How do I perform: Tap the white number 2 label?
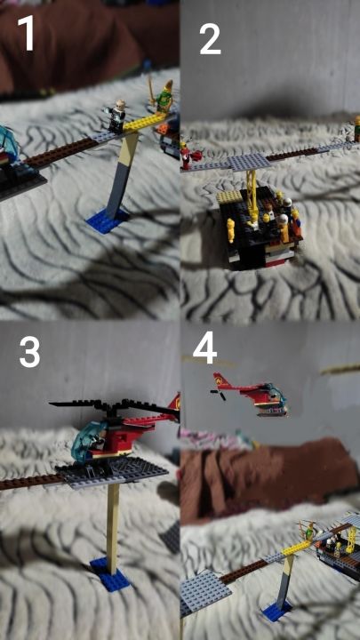210,39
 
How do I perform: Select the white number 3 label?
29,352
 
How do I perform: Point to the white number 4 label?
205,348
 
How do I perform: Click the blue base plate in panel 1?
108,220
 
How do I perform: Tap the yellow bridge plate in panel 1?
144,122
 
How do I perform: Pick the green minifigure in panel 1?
164,95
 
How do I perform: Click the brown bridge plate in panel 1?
61,151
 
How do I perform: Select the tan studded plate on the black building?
230,197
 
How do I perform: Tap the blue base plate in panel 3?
109,573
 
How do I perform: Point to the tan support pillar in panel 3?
113,526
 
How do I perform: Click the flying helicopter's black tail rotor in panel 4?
218,395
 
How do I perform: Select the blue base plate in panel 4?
276,610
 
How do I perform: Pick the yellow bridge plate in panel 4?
295,547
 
